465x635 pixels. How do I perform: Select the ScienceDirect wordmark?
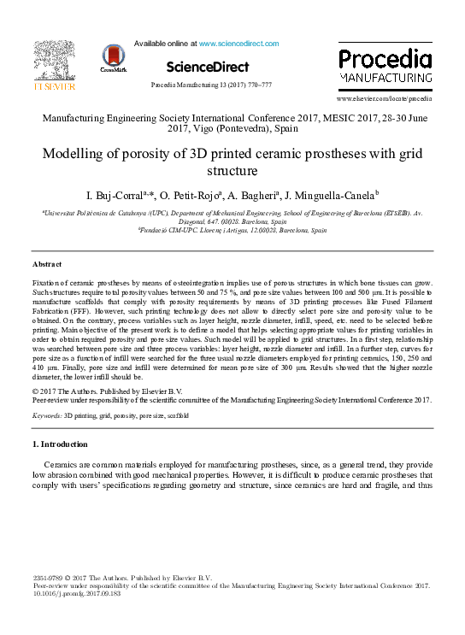click(x=208, y=67)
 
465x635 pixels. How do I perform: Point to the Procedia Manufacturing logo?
click(x=385, y=66)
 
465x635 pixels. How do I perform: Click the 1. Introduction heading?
click(x=59, y=444)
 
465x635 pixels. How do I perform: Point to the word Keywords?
click(x=47, y=415)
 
